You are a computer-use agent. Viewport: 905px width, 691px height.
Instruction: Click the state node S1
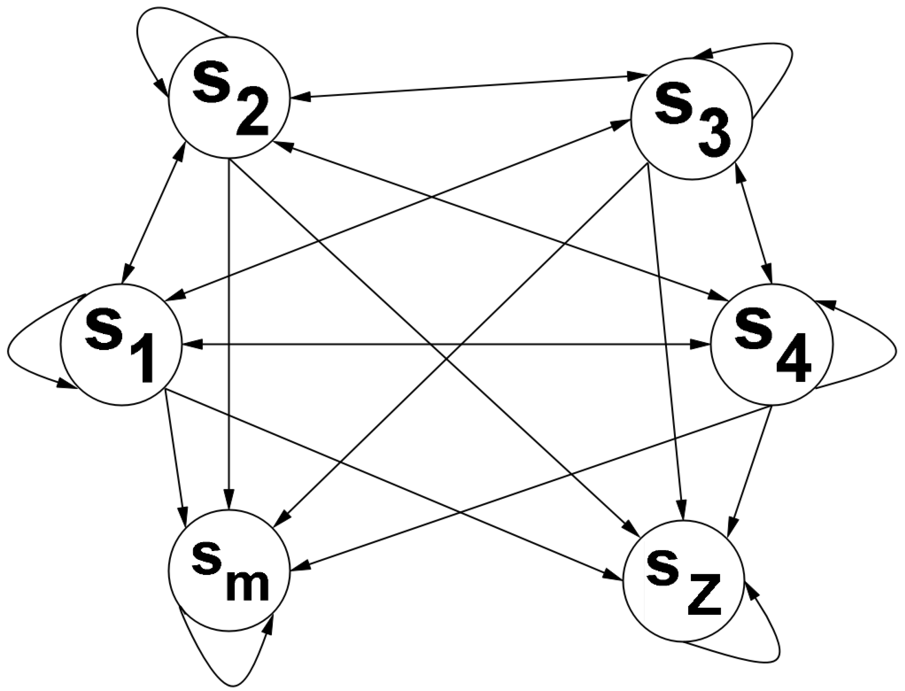click(121, 345)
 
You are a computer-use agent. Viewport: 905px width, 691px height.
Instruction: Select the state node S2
click(229, 98)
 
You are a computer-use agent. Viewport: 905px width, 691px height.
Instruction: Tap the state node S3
click(692, 119)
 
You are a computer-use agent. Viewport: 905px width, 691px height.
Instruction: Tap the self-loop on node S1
click(17, 350)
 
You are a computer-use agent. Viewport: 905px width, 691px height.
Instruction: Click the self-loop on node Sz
click(773, 662)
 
